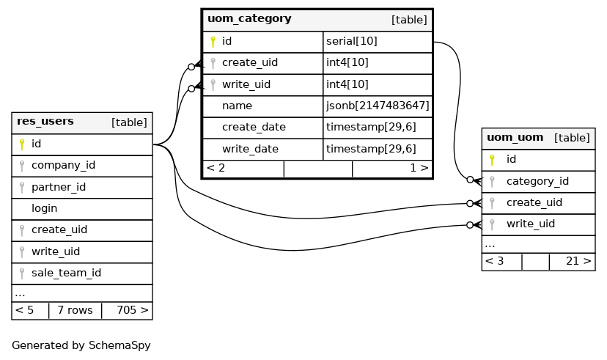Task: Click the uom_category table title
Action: (x=249, y=19)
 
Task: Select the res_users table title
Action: (x=45, y=122)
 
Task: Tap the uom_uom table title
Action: (x=515, y=137)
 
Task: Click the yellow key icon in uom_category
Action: (x=213, y=42)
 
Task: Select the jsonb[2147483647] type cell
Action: (x=377, y=106)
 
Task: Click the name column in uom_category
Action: (x=237, y=106)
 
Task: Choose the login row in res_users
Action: (x=44, y=208)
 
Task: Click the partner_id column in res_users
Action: (x=58, y=187)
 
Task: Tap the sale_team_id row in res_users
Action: (x=66, y=273)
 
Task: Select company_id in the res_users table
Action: (x=63, y=165)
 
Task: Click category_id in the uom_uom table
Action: (x=537, y=181)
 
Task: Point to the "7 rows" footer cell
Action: (x=75, y=310)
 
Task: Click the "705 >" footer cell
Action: (x=132, y=310)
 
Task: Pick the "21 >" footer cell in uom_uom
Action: (x=578, y=261)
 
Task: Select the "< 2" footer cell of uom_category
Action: (x=216, y=168)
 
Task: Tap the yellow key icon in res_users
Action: (x=22, y=144)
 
